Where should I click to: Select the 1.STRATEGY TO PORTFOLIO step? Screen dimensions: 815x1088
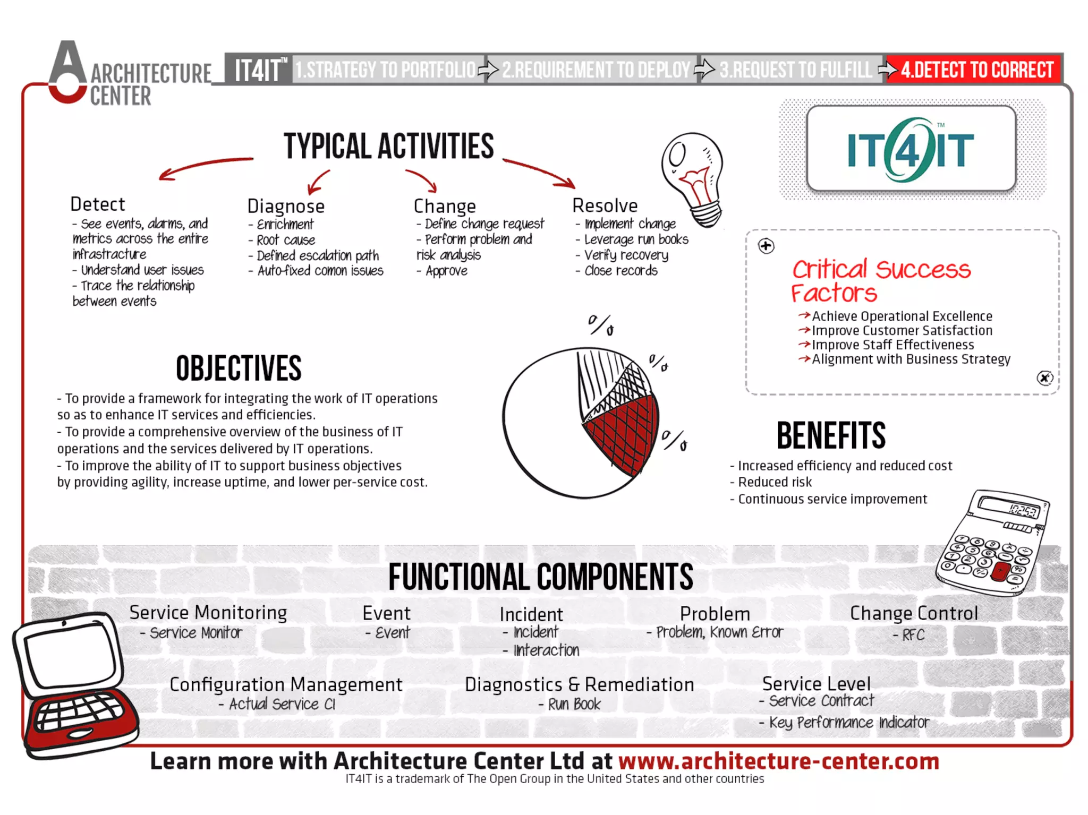[x=386, y=70]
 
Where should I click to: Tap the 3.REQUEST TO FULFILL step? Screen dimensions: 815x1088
[x=795, y=70]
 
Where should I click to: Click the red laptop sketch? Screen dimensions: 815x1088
[x=74, y=685]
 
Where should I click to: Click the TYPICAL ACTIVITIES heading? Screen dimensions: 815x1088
[x=388, y=147]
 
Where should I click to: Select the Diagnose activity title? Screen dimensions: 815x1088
[x=286, y=206]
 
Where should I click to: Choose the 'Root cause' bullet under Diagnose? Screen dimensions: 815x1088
[x=286, y=240]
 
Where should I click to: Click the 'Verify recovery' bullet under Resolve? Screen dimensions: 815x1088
[x=626, y=255]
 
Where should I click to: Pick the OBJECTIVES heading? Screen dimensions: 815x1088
[x=239, y=368]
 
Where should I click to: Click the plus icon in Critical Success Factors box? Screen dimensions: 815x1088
[x=766, y=246]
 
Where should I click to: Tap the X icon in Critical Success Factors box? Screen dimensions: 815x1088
[x=1044, y=378]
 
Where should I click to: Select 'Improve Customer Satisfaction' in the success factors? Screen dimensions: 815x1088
[x=902, y=331]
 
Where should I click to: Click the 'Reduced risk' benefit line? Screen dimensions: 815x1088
[x=775, y=482]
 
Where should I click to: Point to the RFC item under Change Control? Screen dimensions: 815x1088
[x=913, y=634]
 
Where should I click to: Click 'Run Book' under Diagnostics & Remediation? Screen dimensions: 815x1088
[x=574, y=705]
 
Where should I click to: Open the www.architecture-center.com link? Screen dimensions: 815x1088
[x=778, y=761]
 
